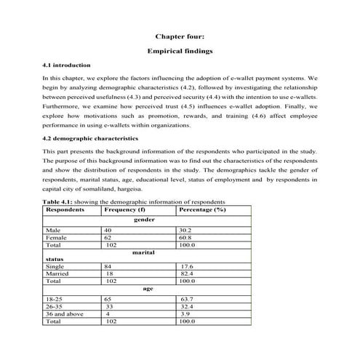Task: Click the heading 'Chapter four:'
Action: (180, 35)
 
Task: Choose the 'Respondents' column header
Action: (65, 209)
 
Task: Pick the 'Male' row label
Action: (52, 230)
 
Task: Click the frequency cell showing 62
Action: (108, 237)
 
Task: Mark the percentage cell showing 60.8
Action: (188, 237)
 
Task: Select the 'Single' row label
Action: (55, 266)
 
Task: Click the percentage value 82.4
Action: (189, 273)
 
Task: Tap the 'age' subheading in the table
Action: (148, 289)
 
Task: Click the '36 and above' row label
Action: (63, 313)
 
